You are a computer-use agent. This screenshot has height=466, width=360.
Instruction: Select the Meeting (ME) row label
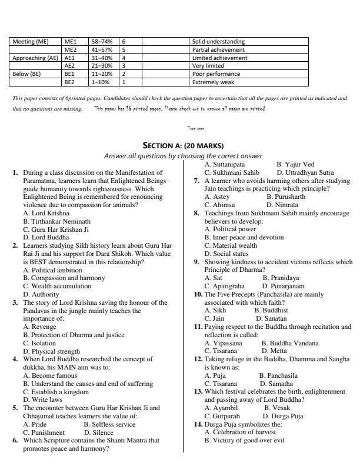point(31,42)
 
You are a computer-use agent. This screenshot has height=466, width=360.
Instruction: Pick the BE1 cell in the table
point(70,75)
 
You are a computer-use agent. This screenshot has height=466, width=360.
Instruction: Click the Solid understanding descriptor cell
point(218,42)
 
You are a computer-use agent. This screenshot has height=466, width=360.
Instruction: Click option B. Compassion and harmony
point(62,277)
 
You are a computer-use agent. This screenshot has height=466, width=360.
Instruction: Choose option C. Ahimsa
point(221,205)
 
